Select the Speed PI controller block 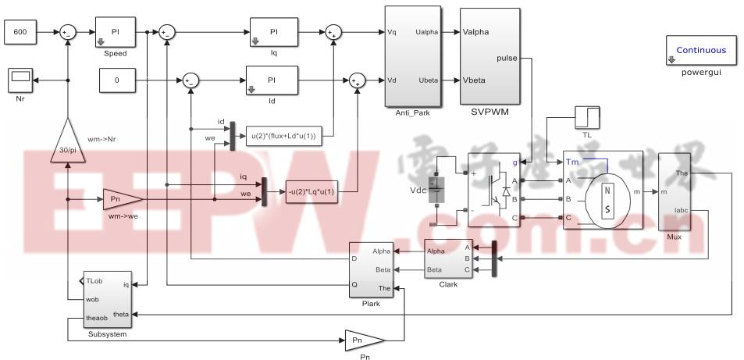point(115,32)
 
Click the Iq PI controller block point(273,32)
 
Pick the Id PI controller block point(272,80)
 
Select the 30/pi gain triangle point(68,142)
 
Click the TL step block point(586,118)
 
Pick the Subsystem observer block point(101,301)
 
